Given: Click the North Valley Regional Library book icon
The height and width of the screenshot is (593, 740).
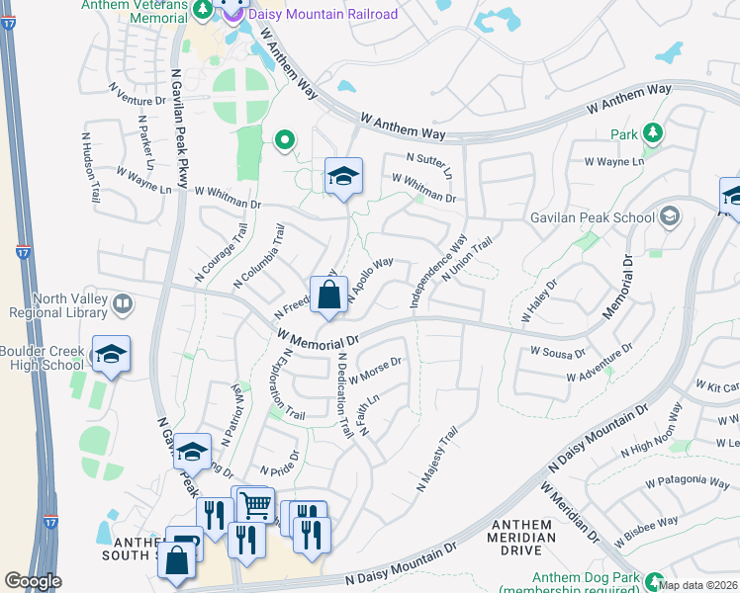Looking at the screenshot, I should click(x=123, y=302).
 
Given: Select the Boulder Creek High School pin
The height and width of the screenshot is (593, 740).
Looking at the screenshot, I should click(x=111, y=354).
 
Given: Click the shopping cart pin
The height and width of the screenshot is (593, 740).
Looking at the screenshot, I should click(x=255, y=504).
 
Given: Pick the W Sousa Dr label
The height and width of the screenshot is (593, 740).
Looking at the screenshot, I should click(x=559, y=351).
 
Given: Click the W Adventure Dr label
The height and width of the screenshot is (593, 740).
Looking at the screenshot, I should click(x=600, y=364).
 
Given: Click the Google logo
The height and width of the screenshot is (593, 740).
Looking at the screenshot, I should click(x=33, y=580).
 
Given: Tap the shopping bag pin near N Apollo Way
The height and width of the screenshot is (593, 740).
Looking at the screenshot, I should click(x=328, y=295).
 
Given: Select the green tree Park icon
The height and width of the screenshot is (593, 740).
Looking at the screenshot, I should click(x=652, y=132).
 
